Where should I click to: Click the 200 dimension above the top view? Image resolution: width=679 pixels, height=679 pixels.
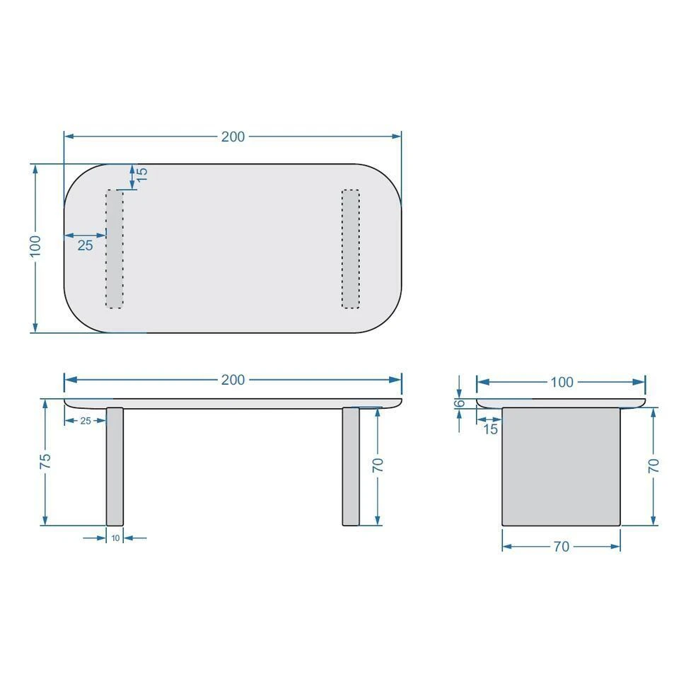(x=233, y=137)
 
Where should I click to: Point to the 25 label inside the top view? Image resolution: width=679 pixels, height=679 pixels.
(x=85, y=245)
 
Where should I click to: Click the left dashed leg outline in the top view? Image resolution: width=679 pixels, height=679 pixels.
(x=115, y=248)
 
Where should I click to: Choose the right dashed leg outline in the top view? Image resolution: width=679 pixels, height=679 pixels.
(x=350, y=248)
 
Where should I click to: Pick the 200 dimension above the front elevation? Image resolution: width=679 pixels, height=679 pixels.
(x=233, y=380)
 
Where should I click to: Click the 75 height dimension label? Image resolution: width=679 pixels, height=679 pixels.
(x=45, y=460)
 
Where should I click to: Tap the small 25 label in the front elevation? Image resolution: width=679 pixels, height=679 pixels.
(x=85, y=420)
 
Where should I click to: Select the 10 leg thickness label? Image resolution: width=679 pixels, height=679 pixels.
(x=115, y=538)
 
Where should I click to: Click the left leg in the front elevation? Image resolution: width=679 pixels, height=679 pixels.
(x=115, y=466)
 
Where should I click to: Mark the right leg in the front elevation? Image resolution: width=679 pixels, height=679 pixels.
(x=351, y=466)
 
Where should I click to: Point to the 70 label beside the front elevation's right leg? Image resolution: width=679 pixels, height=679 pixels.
(x=378, y=465)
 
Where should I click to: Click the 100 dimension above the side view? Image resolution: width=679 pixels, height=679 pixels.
(x=562, y=382)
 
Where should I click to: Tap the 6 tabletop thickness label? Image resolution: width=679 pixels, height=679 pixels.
(x=460, y=403)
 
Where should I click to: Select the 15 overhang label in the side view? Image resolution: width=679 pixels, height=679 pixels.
(x=490, y=429)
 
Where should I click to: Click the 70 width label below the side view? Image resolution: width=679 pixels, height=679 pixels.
(x=562, y=546)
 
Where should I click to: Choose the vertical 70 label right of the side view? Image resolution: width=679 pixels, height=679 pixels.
(x=654, y=465)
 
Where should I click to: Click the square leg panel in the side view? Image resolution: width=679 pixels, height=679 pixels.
(x=561, y=466)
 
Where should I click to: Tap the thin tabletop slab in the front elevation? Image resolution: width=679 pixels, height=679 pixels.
(x=233, y=403)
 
